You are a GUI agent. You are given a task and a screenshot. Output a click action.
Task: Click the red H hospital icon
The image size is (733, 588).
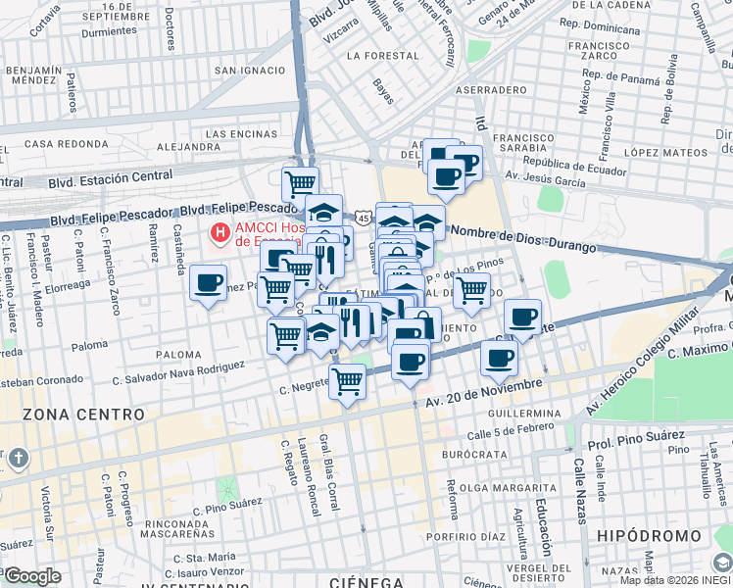click(220, 234)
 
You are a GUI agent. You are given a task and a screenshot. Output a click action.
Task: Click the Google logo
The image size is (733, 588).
click(32, 575)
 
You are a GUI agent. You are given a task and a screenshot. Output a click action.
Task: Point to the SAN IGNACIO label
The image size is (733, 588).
click(250, 71)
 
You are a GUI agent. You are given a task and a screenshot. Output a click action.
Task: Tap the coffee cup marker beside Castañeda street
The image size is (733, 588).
click(208, 283)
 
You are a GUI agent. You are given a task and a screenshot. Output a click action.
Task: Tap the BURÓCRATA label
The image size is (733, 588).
click(473, 456)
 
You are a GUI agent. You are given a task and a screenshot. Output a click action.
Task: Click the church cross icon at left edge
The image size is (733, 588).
click(18, 459)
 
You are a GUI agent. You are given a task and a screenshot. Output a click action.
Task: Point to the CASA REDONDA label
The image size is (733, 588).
click(65, 144)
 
